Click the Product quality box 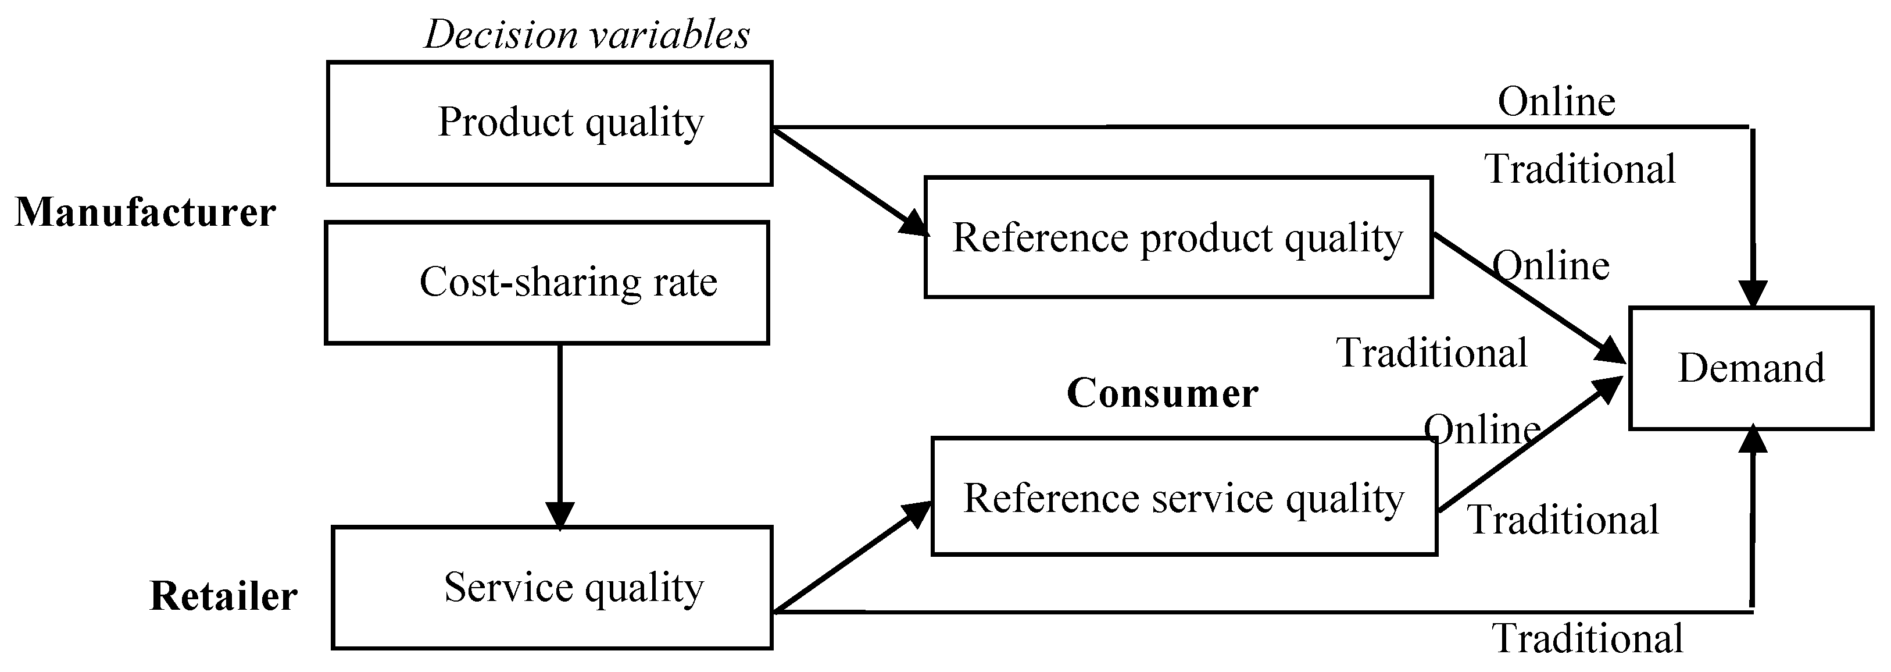click(x=549, y=123)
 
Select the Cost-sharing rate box click(x=547, y=283)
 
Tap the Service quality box click(x=552, y=588)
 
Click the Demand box click(x=1751, y=368)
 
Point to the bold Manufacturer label click(x=145, y=213)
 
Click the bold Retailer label click(x=223, y=596)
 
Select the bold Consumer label click(x=1162, y=393)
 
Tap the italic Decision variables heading click(x=587, y=34)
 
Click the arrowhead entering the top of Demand click(x=1754, y=294)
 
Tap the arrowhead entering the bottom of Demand click(x=1754, y=440)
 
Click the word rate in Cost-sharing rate click(x=685, y=282)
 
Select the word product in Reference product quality click(x=1206, y=238)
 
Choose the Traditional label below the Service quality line click(x=1587, y=638)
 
